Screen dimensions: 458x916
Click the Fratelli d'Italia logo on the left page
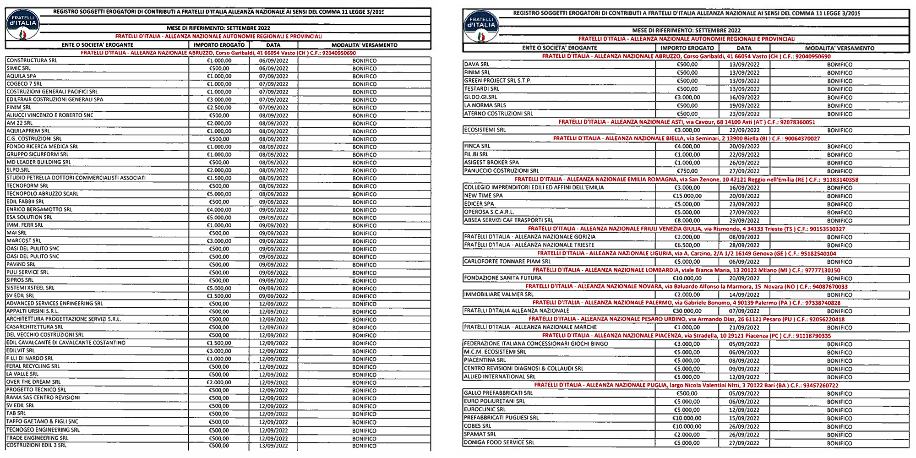(23, 25)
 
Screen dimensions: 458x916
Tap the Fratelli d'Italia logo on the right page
(481, 27)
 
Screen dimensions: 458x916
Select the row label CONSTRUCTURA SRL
(32, 60)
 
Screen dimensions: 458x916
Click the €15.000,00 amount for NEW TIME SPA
(687, 196)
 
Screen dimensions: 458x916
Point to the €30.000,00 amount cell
(687, 311)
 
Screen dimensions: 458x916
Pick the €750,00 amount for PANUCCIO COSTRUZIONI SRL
(687, 171)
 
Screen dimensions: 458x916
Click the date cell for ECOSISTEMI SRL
(744, 131)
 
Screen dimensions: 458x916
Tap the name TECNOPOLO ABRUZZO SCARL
(43, 194)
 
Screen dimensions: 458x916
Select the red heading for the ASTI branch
(687, 122)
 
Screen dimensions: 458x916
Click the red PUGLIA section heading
(686, 385)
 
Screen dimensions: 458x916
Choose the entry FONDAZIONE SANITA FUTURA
(502, 278)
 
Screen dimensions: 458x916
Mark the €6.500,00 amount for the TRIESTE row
(687, 245)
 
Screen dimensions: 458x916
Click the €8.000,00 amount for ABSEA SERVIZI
(687, 221)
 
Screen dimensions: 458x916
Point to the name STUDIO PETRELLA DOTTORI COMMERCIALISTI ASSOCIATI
(76, 178)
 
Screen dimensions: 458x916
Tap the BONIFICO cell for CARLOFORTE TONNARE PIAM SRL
(840, 262)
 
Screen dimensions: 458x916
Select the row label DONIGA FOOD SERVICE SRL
(499, 443)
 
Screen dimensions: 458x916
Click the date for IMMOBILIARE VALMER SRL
(744, 295)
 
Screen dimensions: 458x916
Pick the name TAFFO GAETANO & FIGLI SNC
(42, 421)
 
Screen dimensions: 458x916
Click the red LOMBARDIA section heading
(686, 270)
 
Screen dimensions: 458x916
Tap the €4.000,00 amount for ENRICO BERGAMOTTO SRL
(219, 210)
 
